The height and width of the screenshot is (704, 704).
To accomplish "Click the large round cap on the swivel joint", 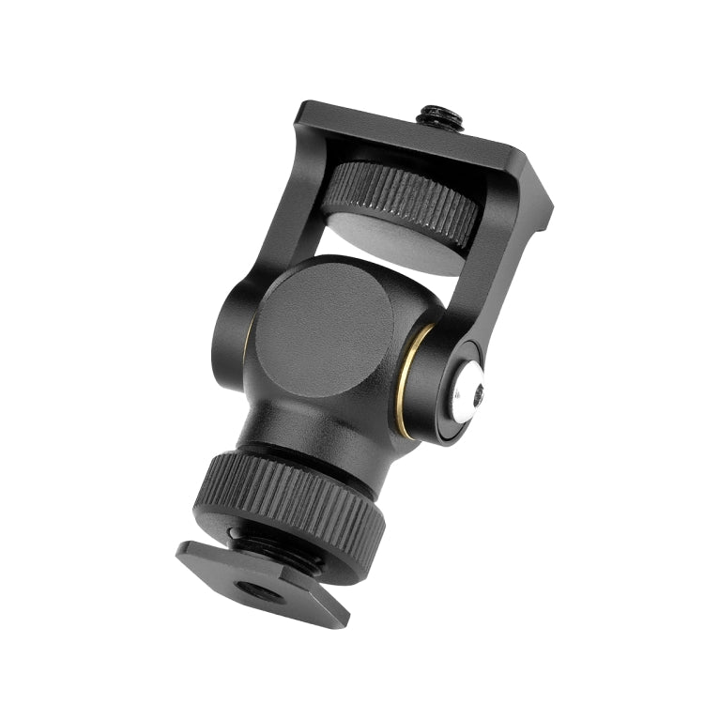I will pyautogui.click(x=324, y=324).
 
